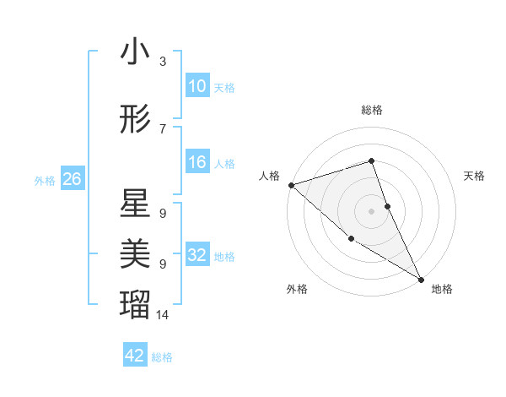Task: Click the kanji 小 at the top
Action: click(x=135, y=52)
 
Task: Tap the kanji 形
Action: click(x=135, y=121)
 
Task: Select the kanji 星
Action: click(x=135, y=204)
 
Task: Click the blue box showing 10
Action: click(x=196, y=86)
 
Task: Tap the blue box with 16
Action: click(x=196, y=162)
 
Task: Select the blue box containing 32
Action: click(x=196, y=255)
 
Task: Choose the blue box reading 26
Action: click(x=72, y=179)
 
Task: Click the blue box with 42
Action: click(x=135, y=356)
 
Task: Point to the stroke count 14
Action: click(x=163, y=315)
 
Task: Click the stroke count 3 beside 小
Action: click(x=163, y=62)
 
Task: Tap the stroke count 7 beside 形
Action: click(x=163, y=128)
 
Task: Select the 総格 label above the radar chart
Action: click(x=371, y=110)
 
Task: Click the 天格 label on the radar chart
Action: click(x=475, y=176)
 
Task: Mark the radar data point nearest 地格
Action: click(x=421, y=279)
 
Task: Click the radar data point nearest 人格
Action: click(x=290, y=184)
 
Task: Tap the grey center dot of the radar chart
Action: click(x=371, y=210)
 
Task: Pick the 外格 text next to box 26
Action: click(x=45, y=180)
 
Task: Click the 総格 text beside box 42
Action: click(x=162, y=356)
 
